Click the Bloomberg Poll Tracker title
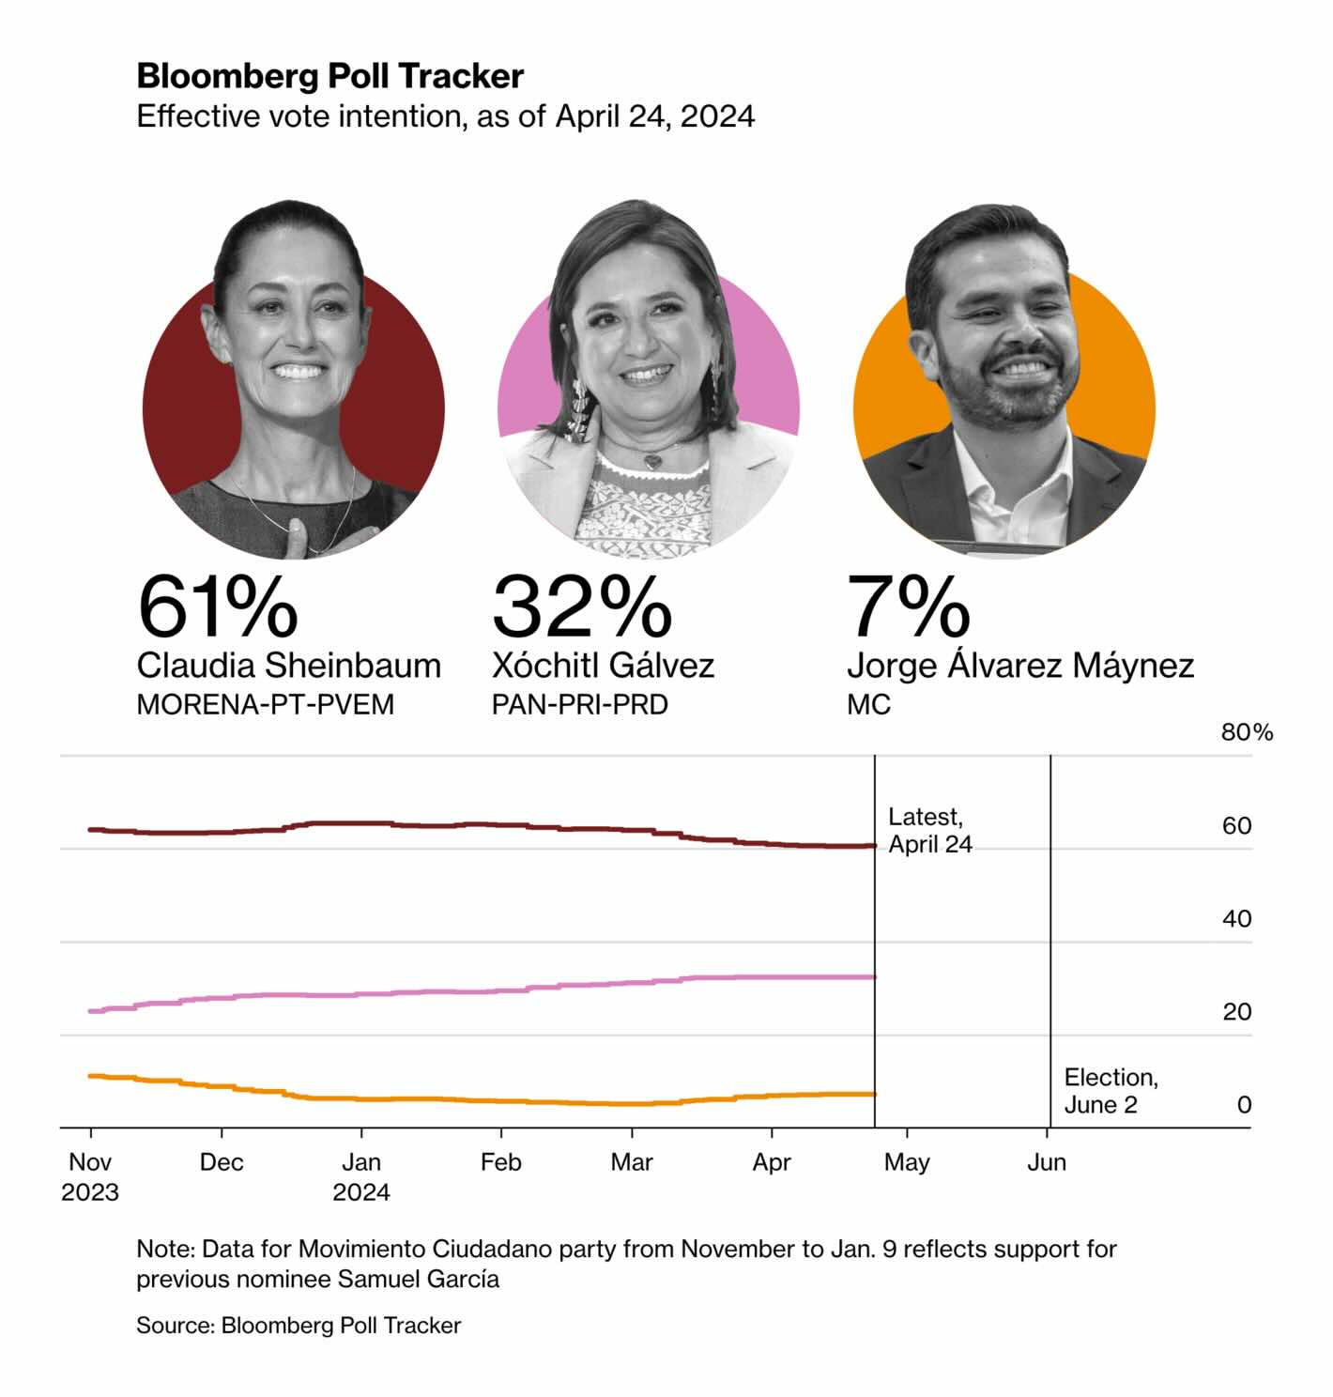329,75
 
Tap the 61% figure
218,607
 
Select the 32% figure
582,607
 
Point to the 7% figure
908,607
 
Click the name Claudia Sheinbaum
288,666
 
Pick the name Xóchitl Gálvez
603,666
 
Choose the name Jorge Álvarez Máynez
1019,666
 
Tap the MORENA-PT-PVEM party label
265,704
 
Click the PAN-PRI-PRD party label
579,704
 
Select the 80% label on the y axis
1247,732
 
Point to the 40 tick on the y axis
1236,918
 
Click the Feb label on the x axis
500,1162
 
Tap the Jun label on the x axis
1047,1162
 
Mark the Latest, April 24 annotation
929,830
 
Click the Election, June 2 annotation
1111,1090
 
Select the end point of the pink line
874,977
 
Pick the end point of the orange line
874,1094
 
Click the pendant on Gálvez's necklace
651,461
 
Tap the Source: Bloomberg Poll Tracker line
299,1325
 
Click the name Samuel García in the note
419,1279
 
